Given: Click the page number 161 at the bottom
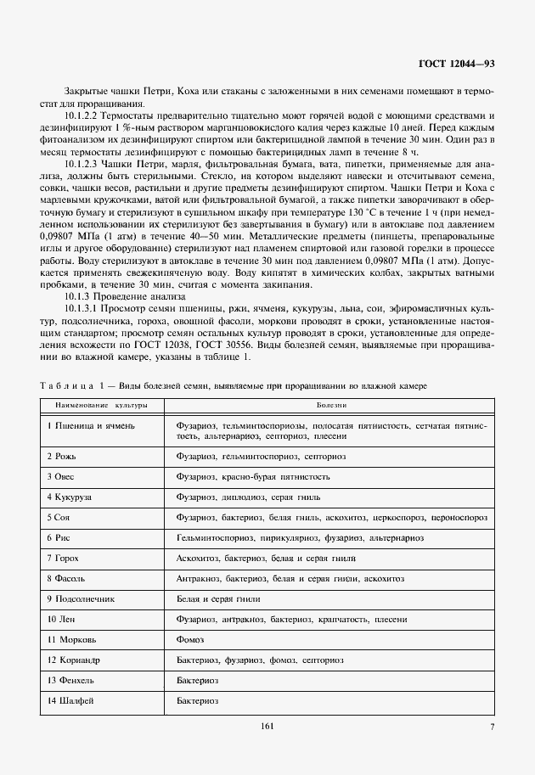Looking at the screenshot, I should (267, 726).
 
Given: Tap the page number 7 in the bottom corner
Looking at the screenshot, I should (492, 726).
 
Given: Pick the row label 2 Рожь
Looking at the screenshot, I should (62, 456).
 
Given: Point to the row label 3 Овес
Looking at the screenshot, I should (62, 476).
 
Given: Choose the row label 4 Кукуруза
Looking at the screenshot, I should (70, 497).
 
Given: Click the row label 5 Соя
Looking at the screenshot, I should (60, 517).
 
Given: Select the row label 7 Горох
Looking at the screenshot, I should (64, 558).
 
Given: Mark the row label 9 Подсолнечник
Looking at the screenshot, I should (80, 598).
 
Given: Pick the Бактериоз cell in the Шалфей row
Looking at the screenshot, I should (198, 700).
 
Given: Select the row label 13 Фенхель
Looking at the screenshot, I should (70, 680).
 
